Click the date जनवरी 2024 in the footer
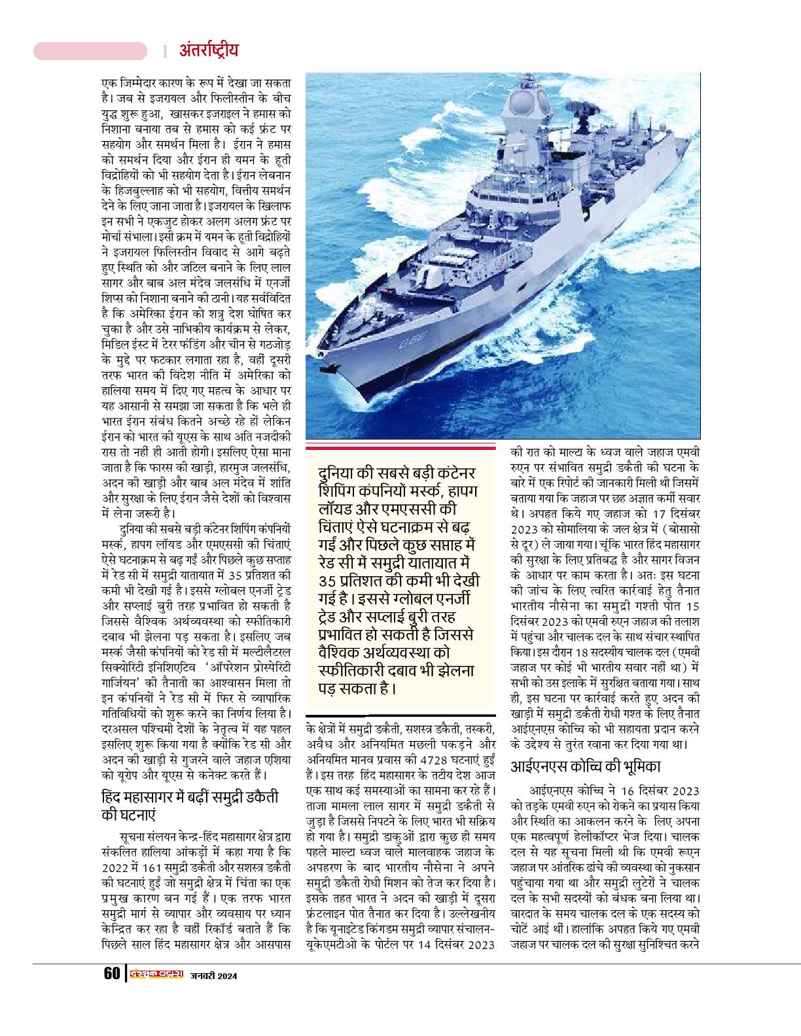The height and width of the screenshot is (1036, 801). [x=213, y=976]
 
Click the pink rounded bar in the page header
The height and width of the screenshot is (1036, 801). [x=90, y=51]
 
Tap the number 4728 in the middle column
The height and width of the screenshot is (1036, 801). [x=422, y=761]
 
